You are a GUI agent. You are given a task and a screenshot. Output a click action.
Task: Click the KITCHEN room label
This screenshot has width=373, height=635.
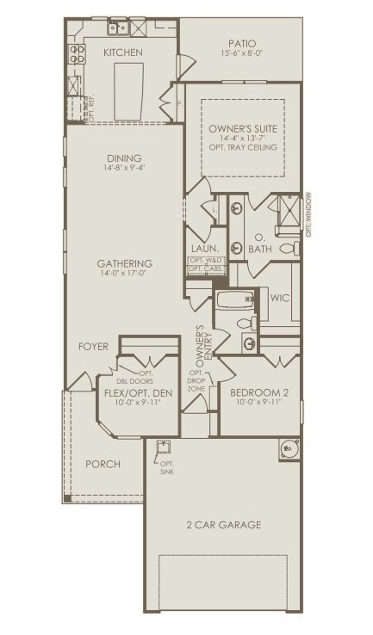coord(122,52)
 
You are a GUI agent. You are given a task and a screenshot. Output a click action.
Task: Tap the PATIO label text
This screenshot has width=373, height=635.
coord(242,43)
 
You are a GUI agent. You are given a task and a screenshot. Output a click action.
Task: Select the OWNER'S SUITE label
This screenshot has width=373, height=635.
coord(242,128)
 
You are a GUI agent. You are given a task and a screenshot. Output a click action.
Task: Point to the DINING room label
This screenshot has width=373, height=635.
coord(124,158)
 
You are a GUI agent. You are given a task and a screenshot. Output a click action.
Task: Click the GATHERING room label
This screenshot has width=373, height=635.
coord(124,263)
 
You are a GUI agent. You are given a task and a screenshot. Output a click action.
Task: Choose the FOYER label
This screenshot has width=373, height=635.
coord(93,347)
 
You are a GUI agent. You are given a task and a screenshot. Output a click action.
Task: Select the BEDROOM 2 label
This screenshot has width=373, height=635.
coord(258,393)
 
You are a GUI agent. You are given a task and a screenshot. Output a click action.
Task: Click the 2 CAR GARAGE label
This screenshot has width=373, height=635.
coord(224,525)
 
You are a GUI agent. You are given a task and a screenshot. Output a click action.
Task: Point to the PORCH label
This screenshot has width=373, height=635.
coord(103,464)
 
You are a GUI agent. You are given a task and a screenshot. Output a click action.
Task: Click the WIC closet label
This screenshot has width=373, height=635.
coord(279,298)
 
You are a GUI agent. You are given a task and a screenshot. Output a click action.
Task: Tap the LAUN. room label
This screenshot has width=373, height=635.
coord(204,249)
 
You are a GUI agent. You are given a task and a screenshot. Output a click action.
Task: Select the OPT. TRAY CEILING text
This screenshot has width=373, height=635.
coord(243,148)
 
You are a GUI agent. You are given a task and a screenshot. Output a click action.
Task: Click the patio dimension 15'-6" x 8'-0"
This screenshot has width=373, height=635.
coord(242,53)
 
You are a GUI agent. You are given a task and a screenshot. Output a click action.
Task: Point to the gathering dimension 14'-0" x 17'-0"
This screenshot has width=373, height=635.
coord(124,274)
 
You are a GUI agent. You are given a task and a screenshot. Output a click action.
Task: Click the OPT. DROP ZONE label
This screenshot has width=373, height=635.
coord(196,382)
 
